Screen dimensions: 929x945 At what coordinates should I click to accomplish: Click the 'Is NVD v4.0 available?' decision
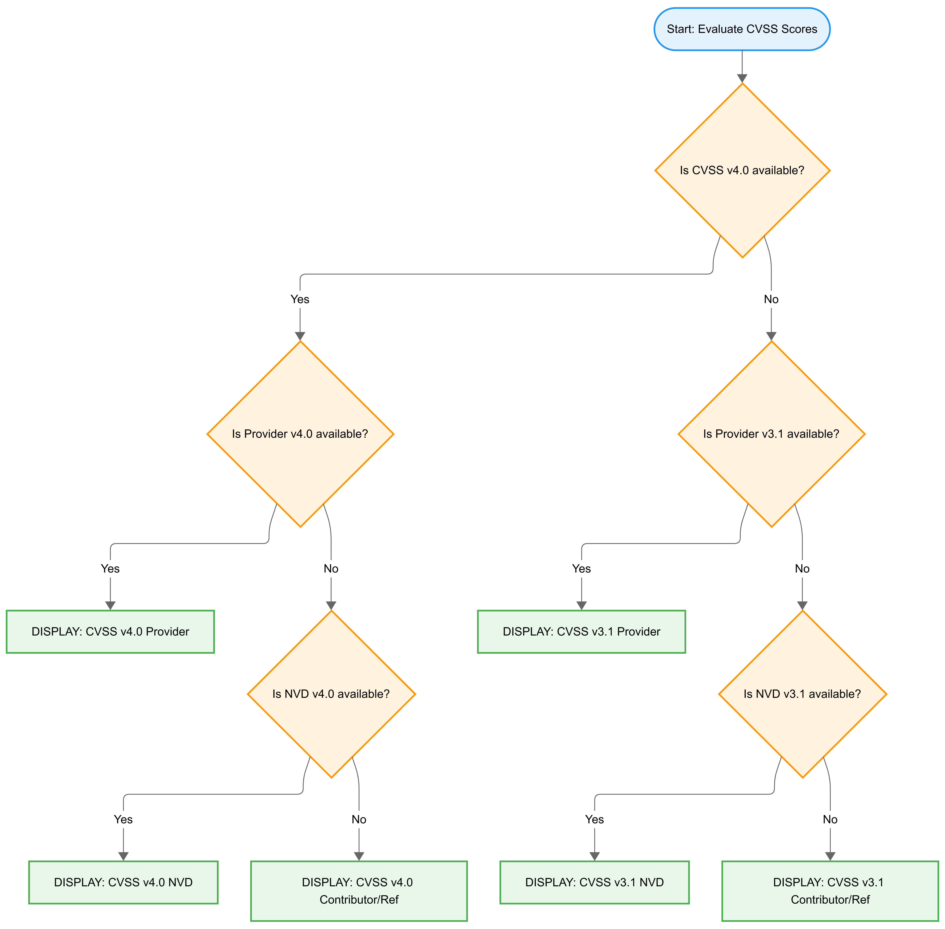(x=331, y=694)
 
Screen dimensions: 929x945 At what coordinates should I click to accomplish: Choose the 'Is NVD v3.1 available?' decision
(x=802, y=694)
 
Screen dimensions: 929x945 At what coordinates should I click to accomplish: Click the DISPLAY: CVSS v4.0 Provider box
(x=110, y=631)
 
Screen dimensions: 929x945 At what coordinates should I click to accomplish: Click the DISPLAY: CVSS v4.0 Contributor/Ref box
(x=359, y=890)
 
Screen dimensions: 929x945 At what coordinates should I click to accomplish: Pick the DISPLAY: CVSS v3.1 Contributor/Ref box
(x=830, y=890)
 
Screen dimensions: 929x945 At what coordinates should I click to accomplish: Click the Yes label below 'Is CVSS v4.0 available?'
(x=300, y=299)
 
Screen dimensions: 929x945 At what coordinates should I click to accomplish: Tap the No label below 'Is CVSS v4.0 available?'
(x=771, y=299)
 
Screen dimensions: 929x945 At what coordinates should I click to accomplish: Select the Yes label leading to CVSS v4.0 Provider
(x=110, y=568)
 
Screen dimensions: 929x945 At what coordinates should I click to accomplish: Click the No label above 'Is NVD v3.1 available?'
(x=802, y=568)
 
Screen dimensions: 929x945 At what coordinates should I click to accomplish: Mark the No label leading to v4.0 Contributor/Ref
(x=359, y=819)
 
